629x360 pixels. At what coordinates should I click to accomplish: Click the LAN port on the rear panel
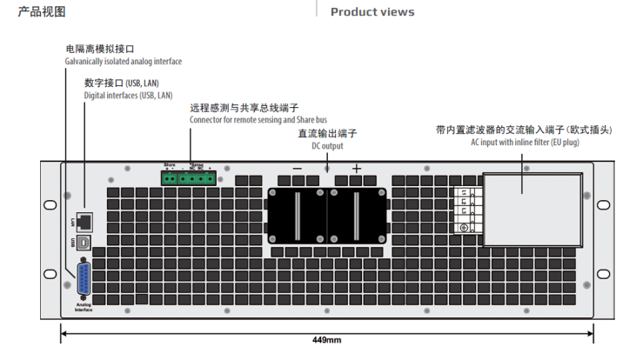point(85,218)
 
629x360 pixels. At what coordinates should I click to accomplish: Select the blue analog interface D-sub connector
point(84,281)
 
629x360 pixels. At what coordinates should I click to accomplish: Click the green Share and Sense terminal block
point(188,178)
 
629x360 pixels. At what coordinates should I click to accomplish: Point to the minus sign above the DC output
point(298,168)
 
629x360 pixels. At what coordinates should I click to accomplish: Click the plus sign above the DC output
point(356,168)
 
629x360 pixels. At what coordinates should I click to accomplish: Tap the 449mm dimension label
point(326,340)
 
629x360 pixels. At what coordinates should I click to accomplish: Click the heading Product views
point(372,12)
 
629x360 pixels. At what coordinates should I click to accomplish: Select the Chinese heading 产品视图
point(42,11)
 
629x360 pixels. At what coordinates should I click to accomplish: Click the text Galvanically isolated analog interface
point(124,62)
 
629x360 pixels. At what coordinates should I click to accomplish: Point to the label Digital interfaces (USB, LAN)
point(128,95)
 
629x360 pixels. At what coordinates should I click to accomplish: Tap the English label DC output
point(327,146)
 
